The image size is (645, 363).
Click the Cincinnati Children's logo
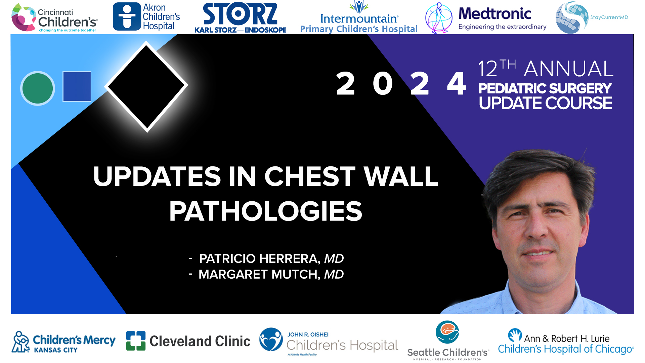(54, 18)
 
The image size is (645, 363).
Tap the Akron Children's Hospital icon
(127, 16)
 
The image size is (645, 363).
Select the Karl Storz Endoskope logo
(240, 18)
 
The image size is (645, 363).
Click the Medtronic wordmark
(495, 14)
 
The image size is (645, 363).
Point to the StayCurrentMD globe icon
(571, 18)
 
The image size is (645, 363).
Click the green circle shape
(38, 88)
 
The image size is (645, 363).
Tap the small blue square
(77, 86)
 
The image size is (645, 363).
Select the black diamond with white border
(146, 86)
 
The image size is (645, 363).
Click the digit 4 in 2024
(456, 84)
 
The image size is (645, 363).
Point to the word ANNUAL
(568, 69)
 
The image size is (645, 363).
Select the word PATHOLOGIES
(266, 211)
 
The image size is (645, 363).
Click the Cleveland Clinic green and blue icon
(136, 341)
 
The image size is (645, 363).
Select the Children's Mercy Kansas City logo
(64, 342)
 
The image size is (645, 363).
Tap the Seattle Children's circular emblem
(447, 332)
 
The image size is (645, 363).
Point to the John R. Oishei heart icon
(271, 339)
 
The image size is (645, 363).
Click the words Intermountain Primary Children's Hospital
(358, 24)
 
